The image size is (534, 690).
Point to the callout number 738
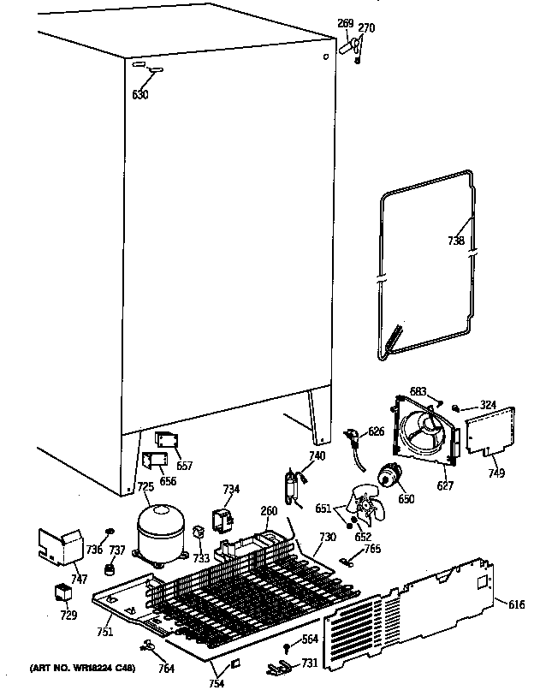(456, 241)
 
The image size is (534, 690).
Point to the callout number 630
(140, 94)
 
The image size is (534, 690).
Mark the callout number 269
(346, 25)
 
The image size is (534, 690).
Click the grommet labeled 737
(110, 569)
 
